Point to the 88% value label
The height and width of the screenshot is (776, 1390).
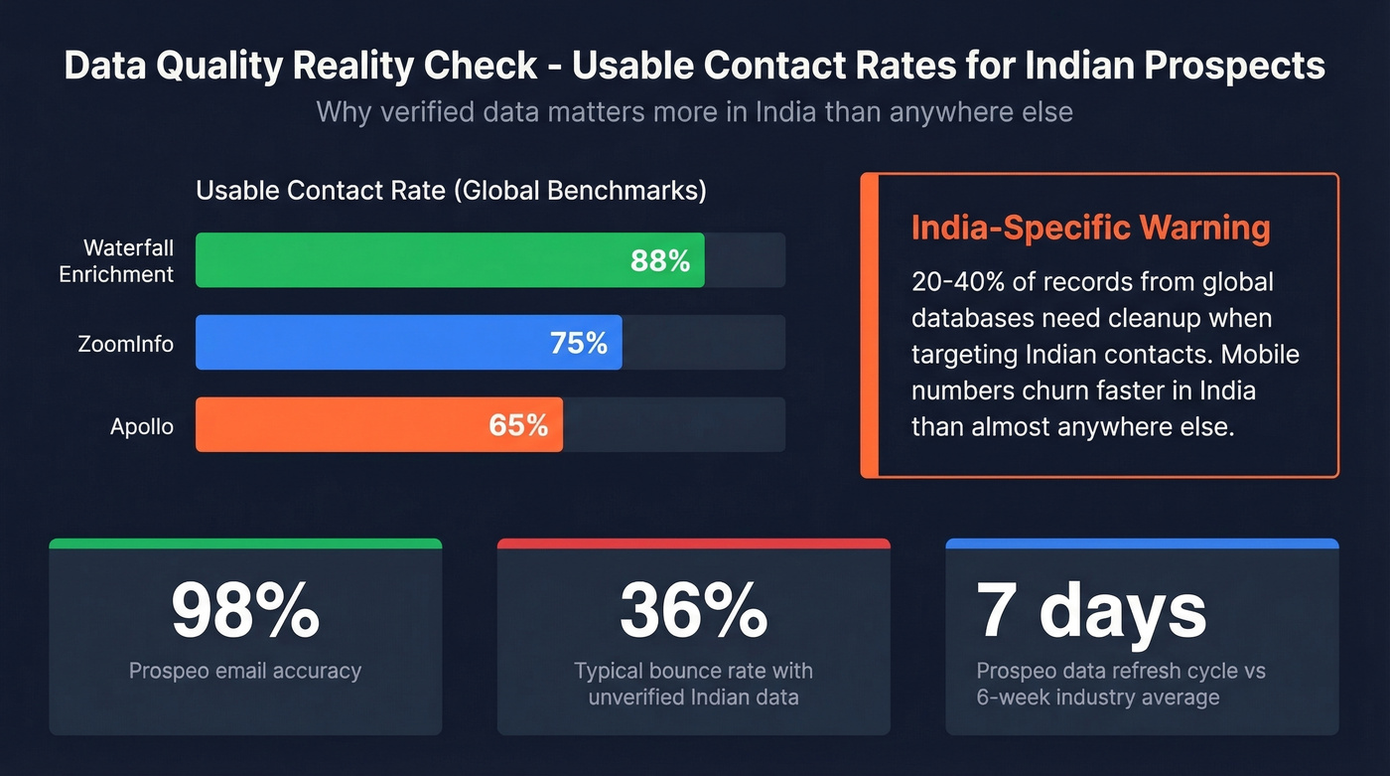660,261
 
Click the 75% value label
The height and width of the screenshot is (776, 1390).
579,344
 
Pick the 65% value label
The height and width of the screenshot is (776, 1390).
518,425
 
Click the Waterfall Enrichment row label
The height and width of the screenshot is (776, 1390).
116,260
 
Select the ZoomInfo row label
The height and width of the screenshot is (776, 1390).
126,344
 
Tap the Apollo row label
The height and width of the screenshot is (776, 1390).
142,426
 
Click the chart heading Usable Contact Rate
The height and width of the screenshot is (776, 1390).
451,191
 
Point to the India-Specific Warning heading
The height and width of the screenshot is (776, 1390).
1090,228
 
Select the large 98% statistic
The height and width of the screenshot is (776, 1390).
245,609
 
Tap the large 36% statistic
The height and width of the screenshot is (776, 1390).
693,609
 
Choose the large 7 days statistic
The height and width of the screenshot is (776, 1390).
1091,609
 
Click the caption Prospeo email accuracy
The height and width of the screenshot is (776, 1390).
245,671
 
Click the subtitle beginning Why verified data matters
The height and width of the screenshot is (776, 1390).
694,111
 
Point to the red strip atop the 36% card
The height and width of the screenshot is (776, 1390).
693,543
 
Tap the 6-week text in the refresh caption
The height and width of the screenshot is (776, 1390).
1017,697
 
